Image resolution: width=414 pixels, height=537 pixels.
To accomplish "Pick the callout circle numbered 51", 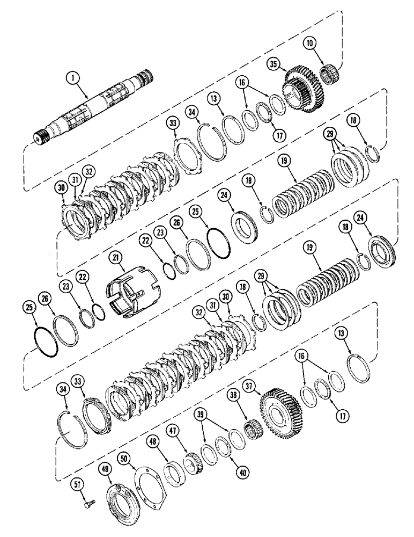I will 77,485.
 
